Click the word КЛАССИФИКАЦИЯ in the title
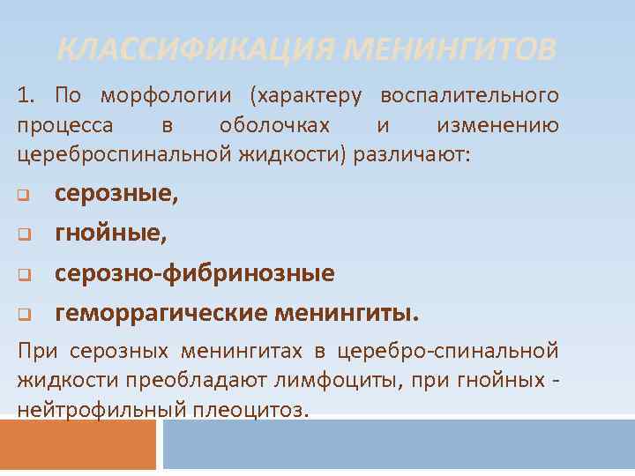196,49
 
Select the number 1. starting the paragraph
27,94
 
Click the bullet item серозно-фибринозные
194,273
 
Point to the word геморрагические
161,312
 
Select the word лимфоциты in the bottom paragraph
406,381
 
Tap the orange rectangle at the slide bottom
78,445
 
